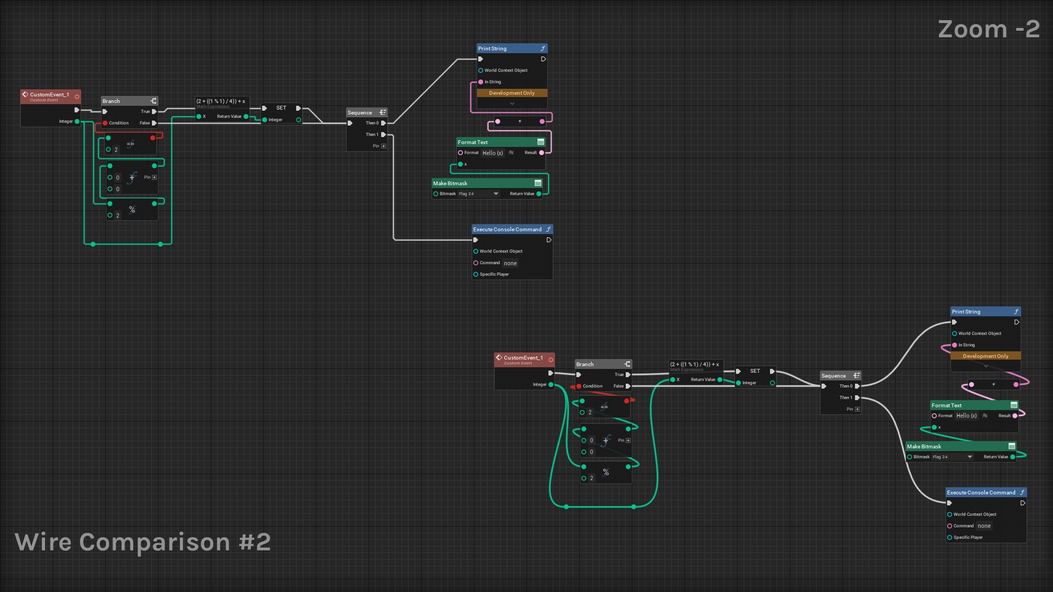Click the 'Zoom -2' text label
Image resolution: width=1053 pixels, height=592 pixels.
point(988,29)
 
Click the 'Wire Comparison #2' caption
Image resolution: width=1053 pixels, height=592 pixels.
point(143,542)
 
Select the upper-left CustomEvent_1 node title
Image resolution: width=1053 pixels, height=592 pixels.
point(49,95)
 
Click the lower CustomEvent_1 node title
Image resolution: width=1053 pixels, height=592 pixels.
point(523,358)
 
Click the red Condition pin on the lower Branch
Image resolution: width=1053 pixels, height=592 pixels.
point(579,386)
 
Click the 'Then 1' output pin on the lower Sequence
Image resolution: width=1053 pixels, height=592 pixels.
point(857,398)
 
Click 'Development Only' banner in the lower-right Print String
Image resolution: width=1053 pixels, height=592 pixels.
point(985,356)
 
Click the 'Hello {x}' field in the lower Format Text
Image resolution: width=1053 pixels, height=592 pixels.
point(966,416)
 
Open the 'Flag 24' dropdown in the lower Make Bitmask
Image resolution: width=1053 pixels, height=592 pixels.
point(970,457)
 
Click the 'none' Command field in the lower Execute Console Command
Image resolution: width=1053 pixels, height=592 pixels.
point(984,526)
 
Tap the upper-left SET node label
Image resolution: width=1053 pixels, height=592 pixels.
point(281,108)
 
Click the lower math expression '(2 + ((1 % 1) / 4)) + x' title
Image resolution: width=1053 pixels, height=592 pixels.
point(694,365)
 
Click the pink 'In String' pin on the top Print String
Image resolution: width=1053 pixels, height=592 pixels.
point(481,82)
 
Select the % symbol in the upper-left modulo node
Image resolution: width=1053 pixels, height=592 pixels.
point(132,210)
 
